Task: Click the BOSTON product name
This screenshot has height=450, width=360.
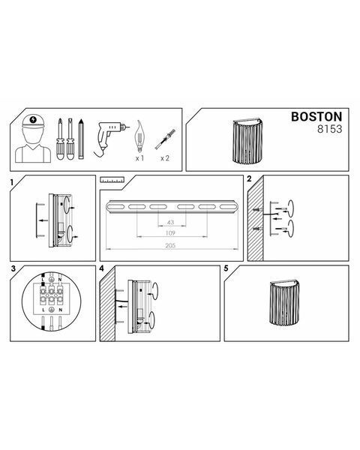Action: [x=316, y=116]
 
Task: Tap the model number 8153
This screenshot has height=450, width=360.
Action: [x=329, y=129]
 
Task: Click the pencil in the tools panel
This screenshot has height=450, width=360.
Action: [x=81, y=139]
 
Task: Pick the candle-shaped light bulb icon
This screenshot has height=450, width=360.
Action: [x=139, y=136]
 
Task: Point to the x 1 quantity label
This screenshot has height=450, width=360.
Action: [x=139, y=158]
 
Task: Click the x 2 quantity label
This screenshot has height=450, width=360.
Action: [x=165, y=158]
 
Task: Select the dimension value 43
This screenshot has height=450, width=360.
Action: [x=170, y=222]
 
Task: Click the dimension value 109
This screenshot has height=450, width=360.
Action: [x=170, y=233]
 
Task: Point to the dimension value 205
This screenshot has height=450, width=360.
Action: [x=170, y=246]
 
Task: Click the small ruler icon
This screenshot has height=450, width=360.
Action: [x=112, y=180]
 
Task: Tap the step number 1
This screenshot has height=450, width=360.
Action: [x=12, y=182]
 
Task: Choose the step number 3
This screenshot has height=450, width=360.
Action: [x=13, y=268]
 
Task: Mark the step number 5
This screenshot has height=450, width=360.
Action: [x=226, y=268]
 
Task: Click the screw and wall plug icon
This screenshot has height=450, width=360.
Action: [x=165, y=139]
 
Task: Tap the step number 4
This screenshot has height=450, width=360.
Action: [x=101, y=268]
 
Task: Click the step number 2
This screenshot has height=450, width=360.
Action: [x=249, y=178]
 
